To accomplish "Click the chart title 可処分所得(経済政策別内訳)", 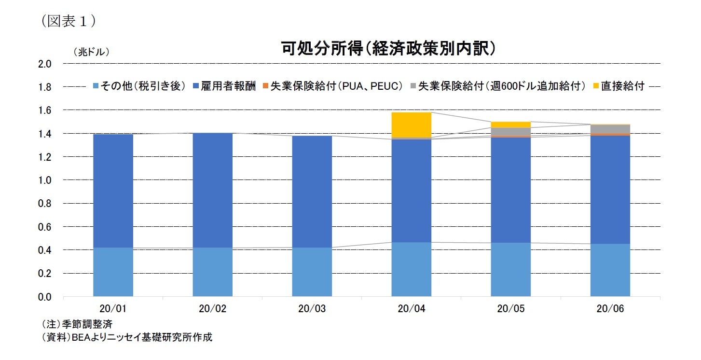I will coord(388,49).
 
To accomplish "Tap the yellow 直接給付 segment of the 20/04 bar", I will coord(412,125).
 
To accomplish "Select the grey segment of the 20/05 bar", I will coord(511,132).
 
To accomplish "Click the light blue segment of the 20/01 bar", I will coord(113,272).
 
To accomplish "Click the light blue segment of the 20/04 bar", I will coord(412,269).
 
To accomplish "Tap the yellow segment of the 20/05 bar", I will coord(511,125).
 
